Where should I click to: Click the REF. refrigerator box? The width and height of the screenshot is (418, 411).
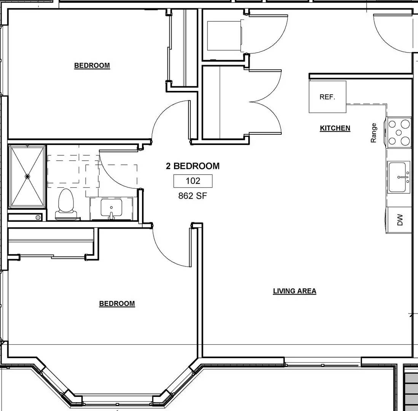click(327, 97)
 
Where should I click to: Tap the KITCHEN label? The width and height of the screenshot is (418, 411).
click(335, 128)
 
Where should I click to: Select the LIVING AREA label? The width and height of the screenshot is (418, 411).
click(294, 291)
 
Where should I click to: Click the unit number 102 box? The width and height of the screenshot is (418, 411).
click(193, 181)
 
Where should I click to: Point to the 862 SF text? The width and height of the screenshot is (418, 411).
click(193, 196)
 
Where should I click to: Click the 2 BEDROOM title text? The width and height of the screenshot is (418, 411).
click(193, 166)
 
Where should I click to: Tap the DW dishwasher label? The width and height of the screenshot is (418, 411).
click(400, 220)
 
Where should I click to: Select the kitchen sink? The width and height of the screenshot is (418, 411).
click(399, 177)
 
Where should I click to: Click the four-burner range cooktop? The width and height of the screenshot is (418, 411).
click(399, 132)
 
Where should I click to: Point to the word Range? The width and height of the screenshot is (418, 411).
click(373, 133)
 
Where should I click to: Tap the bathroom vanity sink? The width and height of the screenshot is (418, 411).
click(111, 209)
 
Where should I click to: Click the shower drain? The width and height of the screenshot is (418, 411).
click(27, 176)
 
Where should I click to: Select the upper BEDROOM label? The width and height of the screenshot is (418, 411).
click(92, 65)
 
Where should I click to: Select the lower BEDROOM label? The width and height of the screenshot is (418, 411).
click(117, 304)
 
